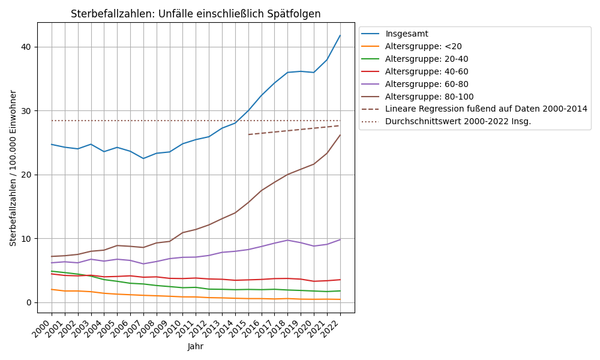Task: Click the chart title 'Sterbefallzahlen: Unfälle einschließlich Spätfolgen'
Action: pos(196,14)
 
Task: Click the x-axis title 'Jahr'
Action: pos(196,346)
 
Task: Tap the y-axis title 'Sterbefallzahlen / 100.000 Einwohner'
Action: pos(13,168)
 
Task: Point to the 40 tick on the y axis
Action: pos(27,47)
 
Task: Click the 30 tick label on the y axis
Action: pos(27,111)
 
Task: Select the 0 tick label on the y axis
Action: pos(29,302)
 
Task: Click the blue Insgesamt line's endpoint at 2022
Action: pos(340,35)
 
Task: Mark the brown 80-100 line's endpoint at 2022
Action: pos(340,135)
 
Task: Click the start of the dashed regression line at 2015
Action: pos(248,134)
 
